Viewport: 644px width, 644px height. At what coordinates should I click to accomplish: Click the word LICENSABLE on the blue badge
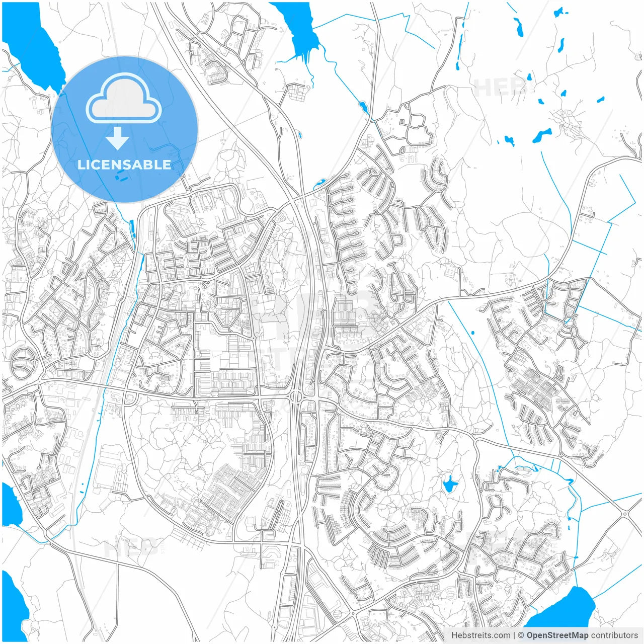point(124,165)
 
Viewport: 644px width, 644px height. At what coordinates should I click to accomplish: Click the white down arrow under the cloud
point(117,138)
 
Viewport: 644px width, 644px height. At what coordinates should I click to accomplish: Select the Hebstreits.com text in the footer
point(480,635)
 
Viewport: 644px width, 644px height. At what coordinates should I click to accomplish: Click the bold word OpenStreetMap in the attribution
point(557,635)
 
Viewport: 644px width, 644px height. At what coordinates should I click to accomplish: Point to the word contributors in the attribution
point(614,635)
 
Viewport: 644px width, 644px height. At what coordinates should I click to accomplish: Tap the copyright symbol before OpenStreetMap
point(521,635)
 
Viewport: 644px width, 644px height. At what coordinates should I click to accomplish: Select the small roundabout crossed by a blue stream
point(569,321)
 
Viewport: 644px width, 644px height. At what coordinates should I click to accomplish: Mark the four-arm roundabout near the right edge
point(625,514)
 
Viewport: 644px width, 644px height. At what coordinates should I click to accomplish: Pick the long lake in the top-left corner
point(35,45)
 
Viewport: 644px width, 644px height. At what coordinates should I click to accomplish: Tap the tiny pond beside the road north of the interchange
point(300,135)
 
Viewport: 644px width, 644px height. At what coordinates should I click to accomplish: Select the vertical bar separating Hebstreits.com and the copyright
point(514,635)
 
